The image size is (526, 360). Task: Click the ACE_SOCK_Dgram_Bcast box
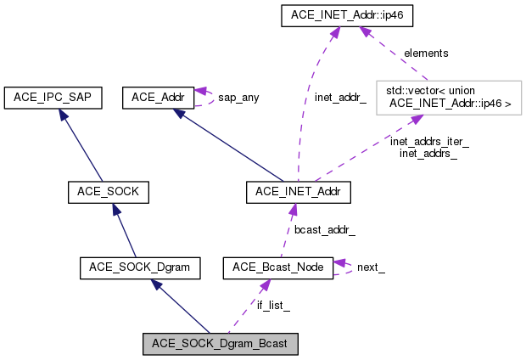pyautogui.click(x=220, y=344)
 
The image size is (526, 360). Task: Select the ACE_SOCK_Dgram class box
pyautogui.click(x=140, y=268)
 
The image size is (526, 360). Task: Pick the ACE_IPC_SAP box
pyautogui.click(x=53, y=98)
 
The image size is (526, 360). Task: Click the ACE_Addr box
pyautogui.click(x=159, y=98)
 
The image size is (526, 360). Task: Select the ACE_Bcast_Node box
pyautogui.click(x=277, y=268)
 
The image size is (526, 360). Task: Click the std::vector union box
pyautogui.click(x=448, y=98)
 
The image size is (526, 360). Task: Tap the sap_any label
pyautogui.click(x=238, y=98)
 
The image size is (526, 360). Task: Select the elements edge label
pyautogui.click(x=426, y=53)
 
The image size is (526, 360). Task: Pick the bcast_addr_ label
pyautogui.click(x=325, y=230)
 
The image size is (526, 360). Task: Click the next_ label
pyautogui.click(x=371, y=267)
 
